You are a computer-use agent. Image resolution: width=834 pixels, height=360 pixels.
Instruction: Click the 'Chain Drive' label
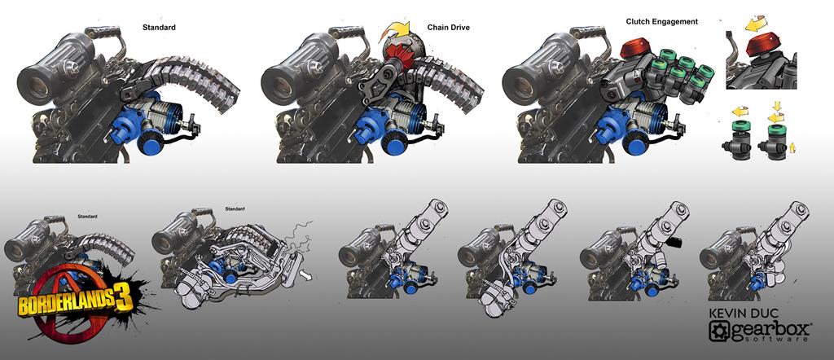(449, 28)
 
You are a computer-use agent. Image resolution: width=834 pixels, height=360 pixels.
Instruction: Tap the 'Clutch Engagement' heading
(661, 22)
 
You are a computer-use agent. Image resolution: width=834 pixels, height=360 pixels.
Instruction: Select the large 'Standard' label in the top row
(159, 27)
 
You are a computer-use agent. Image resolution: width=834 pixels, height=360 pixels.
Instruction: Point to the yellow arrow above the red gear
(397, 33)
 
